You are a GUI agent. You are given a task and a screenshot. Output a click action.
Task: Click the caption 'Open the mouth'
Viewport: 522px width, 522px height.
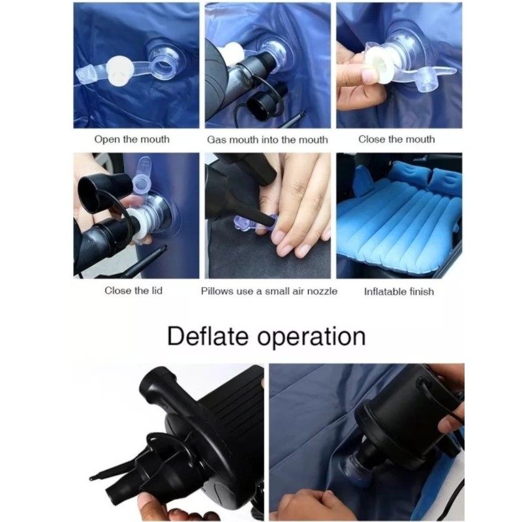tap(132, 139)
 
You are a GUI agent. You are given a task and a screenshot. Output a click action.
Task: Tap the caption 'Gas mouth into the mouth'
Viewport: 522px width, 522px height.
tap(268, 140)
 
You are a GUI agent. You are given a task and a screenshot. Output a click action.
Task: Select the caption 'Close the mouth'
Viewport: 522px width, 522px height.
tap(397, 139)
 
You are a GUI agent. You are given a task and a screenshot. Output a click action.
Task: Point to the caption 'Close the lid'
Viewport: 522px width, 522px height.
tap(134, 290)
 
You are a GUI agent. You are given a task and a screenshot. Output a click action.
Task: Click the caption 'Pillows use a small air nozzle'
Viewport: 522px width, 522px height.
tap(269, 291)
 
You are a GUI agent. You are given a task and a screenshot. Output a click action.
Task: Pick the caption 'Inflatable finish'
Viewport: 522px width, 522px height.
tap(399, 292)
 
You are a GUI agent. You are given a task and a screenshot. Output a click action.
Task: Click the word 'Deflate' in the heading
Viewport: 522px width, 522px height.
tap(207, 336)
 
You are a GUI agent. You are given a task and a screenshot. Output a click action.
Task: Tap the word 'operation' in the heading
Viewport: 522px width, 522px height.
tap(311, 337)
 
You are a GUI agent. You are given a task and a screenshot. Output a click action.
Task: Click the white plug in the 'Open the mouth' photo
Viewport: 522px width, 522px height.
tap(121, 69)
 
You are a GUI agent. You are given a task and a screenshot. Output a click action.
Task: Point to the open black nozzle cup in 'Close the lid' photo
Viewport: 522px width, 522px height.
tap(100, 191)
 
